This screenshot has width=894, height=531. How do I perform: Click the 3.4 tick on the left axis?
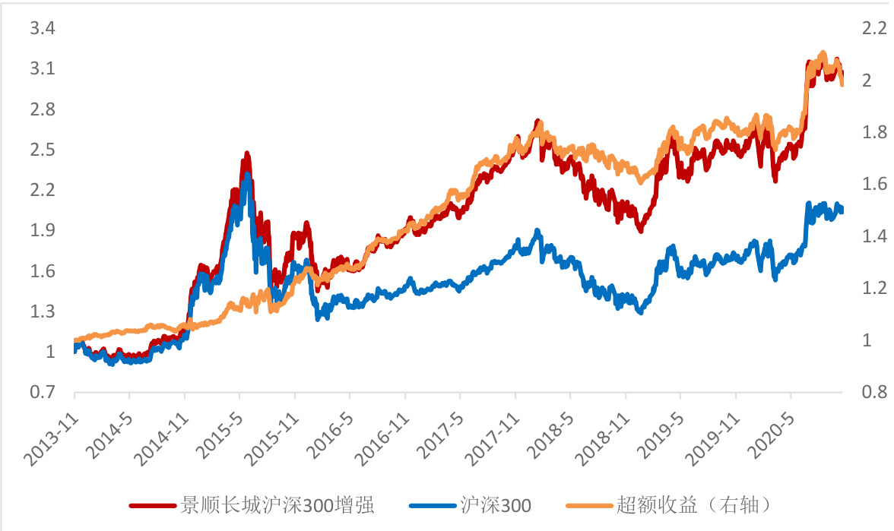click(42, 29)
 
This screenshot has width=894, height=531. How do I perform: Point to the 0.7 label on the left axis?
click(42, 392)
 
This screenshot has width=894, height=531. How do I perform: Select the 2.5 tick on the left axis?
click(42, 150)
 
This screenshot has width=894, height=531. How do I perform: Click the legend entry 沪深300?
click(496, 504)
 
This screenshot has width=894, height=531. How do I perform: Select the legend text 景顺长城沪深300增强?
click(277, 504)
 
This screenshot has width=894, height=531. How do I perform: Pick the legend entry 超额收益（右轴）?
click(696, 504)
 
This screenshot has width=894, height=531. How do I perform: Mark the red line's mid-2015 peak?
click(246, 155)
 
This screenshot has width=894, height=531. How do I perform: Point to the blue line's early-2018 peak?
click(537, 231)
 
